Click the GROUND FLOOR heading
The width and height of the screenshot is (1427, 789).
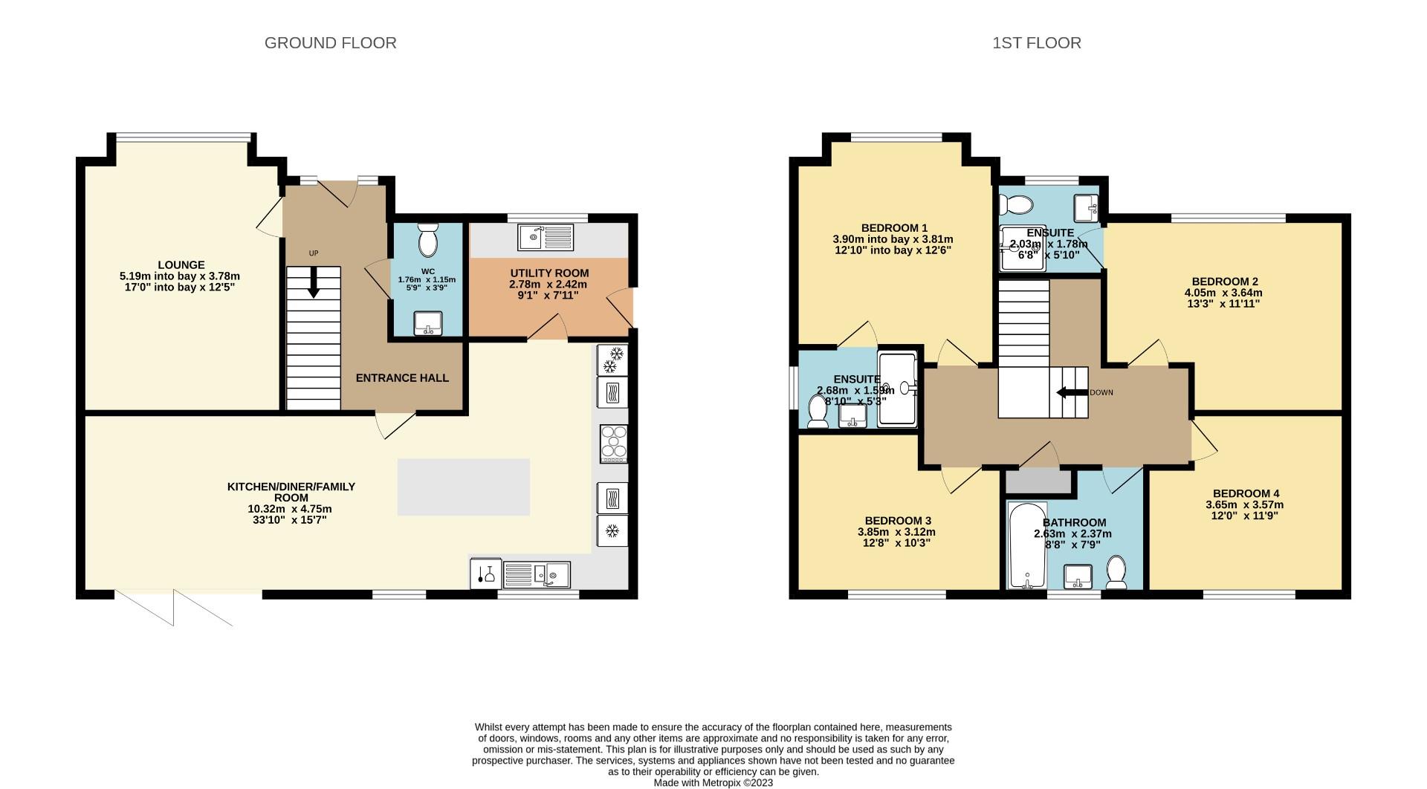tap(330, 43)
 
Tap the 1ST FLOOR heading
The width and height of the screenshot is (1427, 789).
tap(1036, 43)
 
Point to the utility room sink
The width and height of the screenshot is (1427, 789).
tap(546, 237)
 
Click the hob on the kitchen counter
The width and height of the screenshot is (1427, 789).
tap(614, 444)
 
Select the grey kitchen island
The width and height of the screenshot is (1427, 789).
tap(463, 487)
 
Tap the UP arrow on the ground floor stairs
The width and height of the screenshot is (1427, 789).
tap(314, 283)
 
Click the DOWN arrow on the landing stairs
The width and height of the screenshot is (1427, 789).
tap(1071, 392)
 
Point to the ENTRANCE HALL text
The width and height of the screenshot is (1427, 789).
tap(402, 378)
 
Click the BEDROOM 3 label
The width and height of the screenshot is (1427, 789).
tap(897, 521)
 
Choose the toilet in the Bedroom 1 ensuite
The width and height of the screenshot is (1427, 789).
tap(817, 412)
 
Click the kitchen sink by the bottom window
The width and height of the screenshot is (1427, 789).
tap(537, 574)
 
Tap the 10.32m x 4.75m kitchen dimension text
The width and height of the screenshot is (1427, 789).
tap(289, 509)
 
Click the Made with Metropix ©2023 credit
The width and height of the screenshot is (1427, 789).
tap(713, 782)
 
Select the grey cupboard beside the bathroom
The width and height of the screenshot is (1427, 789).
tap(1038, 482)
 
